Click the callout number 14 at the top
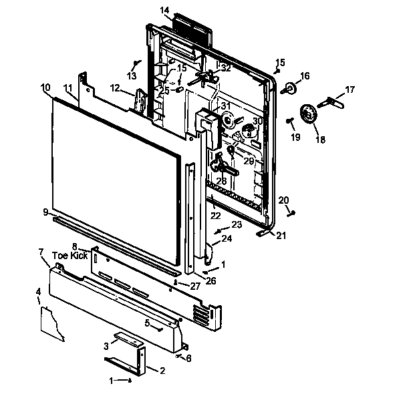165,10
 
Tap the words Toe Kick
69,256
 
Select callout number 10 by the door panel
45,87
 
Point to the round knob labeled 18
309,115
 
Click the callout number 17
350,89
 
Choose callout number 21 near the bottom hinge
281,235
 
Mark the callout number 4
38,292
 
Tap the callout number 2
162,370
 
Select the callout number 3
106,345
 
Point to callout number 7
41,252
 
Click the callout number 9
45,212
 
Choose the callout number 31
225,106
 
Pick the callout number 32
226,68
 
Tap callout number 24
227,238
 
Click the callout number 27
195,285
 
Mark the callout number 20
283,200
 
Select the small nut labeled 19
290,121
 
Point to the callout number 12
115,87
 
